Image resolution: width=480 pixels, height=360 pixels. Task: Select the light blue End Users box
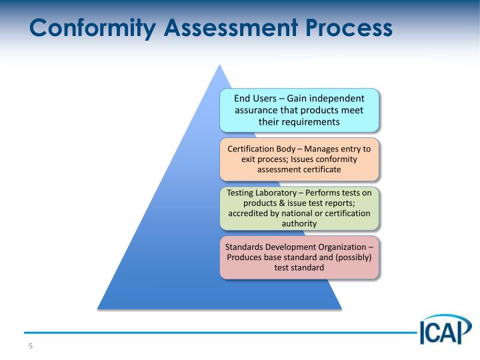point(299,110)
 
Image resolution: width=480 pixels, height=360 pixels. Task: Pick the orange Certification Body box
point(299,159)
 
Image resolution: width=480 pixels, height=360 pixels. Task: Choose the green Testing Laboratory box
point(299,208)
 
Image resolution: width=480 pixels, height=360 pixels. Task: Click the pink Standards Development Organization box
point(299,257)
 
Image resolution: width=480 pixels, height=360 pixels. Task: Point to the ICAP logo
point(445,329)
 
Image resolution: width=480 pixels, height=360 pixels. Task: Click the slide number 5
point(30,346)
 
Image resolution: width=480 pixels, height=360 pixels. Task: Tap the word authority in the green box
point(299,223)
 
